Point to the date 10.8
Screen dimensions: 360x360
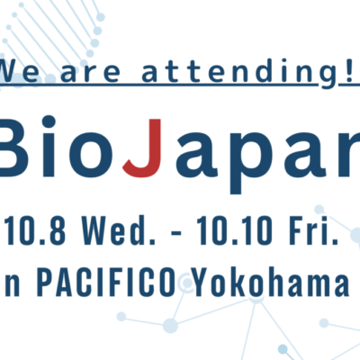click(35, 230)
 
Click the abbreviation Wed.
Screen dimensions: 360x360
click(119, 230)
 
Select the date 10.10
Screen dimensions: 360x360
click(235, 230)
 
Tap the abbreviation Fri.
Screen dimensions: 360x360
click(313, 230)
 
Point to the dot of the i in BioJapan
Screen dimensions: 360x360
click(48, 122)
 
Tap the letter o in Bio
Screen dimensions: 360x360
click(89, 155)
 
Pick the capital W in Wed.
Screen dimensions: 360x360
click(94, 230)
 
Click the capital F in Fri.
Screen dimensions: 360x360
click(297, 230)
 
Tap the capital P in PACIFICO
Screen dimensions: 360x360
click(45, 282)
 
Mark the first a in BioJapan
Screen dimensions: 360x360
click(196, 155)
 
